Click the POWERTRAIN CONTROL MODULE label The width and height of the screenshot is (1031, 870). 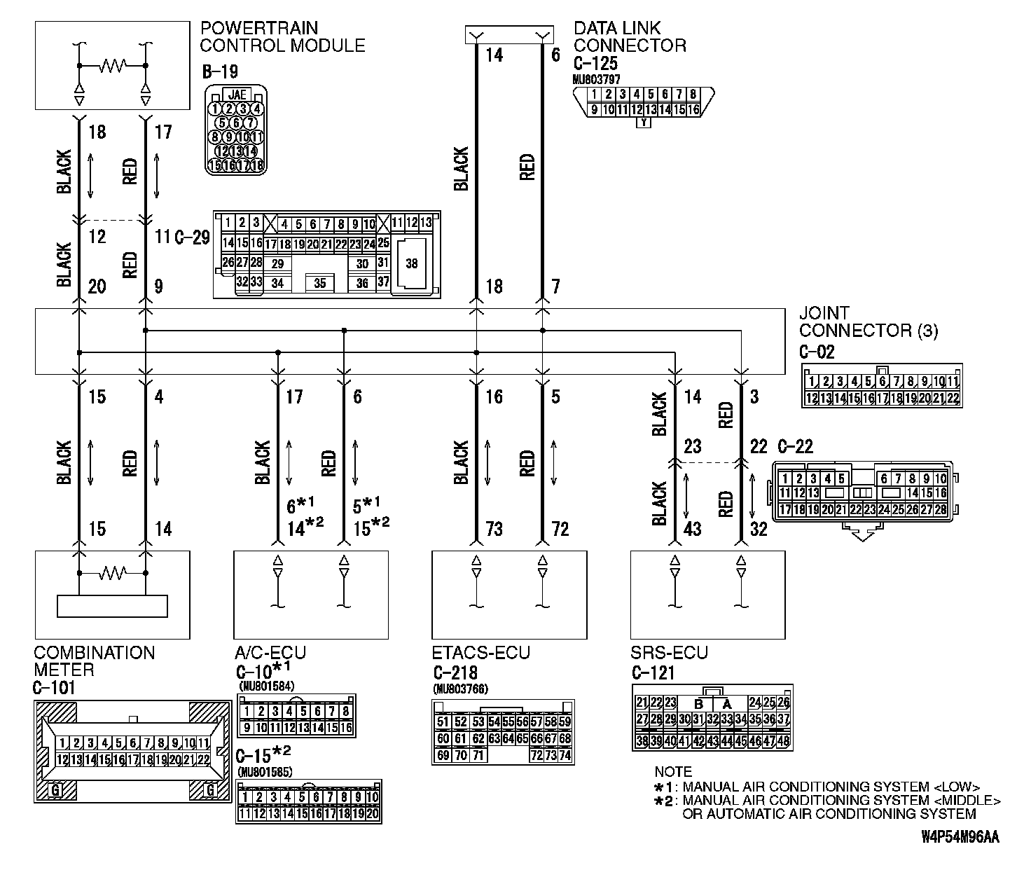click(282, 37)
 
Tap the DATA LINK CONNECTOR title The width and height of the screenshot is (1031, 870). click(630, 37)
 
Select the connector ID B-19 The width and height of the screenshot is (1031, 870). click(219, 71)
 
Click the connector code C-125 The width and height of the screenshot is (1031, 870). click(595, 64)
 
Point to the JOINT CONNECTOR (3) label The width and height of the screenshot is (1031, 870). click(869, 322)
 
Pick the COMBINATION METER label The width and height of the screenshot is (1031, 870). click(95, 661)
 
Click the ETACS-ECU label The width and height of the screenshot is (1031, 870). click(481, 653)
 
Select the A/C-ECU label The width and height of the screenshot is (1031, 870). click(270, 653)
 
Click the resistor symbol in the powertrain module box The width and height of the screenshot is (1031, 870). click(113, 66)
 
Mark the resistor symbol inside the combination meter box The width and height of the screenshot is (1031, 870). click(113, 574)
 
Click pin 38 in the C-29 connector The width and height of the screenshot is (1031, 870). click(411, 264)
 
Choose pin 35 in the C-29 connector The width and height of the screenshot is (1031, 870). click(319, 283)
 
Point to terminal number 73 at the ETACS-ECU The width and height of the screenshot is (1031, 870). click(494, 529)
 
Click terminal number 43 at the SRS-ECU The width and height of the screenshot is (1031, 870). click(691, 529)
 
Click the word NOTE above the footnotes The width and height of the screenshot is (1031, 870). click(673, 772)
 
